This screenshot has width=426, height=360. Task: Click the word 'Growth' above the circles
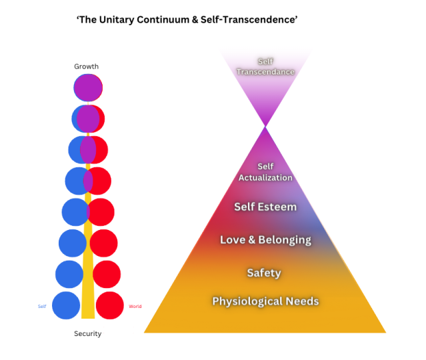click(x=87, y=66)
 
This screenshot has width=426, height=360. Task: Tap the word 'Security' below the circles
click(x=87, y=333)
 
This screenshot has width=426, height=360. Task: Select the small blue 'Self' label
click(x=42, y=307)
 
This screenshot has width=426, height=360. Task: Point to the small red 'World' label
click(x=135, y=307)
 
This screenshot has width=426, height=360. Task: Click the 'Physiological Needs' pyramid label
click(x=265, y=301)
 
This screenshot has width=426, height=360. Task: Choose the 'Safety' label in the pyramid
click(x=264, y=273)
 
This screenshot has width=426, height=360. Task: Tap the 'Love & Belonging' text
click(x=265, y=239)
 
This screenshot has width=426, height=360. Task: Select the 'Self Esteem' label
click(x=265, y=207)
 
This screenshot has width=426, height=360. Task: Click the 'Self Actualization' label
click(x=265, y=172)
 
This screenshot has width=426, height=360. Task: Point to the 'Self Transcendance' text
click(x=266, y=67)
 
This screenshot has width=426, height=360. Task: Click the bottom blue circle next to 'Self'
click(x=65, y=305)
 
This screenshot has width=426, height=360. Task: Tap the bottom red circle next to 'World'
click(x=109, y=305)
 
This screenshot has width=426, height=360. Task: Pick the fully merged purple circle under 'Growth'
click(x=87, y=88)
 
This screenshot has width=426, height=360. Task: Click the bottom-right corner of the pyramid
click(x=385, y=332)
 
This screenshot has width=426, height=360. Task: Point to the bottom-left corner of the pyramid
click(x=145, y=332)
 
